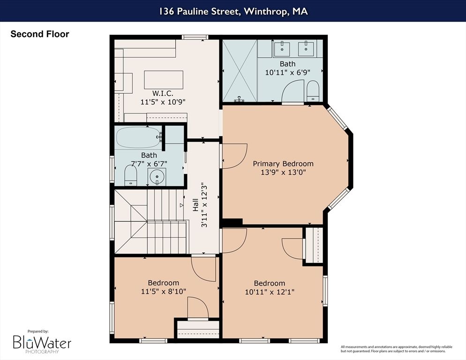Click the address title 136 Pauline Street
tap(233, 11)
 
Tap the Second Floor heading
tap(40, 34)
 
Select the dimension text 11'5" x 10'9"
tap(163, 101)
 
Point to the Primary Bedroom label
tap(283, 164)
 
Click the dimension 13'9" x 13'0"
tap(283, 172)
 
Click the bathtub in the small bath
tap(139, 138)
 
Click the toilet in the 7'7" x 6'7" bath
tap(130, 176)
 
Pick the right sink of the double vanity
tap(308, 47)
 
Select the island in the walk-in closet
tap(163, 80)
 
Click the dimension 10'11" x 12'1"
tap(270, 292)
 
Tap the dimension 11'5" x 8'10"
tap(164, 291)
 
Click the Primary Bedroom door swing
tap(234, 156)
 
